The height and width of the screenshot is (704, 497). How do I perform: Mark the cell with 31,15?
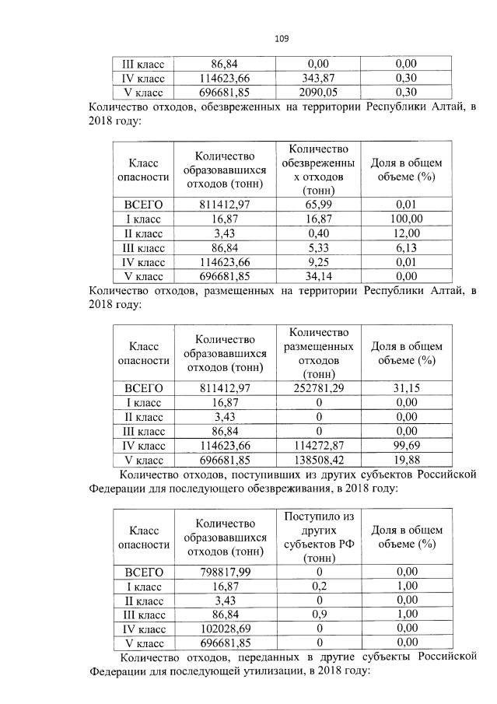tap(405, 388)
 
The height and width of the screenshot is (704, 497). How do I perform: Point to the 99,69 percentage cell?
tap(405, 444)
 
